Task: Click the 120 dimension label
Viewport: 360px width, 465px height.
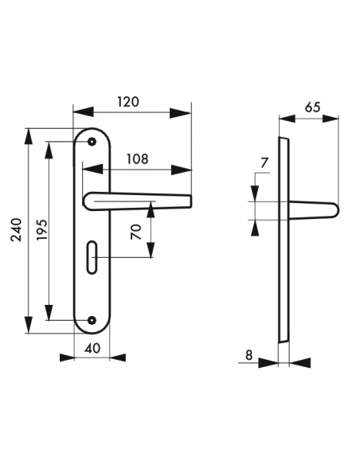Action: point(128,102)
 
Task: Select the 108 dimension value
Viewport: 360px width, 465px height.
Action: point(137,159)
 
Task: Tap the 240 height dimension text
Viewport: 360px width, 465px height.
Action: point(17,230)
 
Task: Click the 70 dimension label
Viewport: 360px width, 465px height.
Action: point(136,232)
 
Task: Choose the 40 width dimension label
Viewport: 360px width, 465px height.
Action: point(92,348)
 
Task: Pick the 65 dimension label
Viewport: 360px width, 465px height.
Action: point(313,107)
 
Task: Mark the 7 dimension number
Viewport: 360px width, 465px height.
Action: point(264,162)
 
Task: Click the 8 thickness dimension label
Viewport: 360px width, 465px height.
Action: point(249,354)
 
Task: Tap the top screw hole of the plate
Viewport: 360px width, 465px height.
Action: point(92,142)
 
